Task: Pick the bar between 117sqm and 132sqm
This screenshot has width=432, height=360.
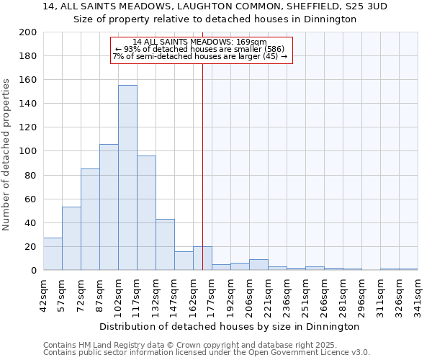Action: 146,213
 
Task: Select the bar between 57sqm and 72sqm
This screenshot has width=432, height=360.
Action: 71,238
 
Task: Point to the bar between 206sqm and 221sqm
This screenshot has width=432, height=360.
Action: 258,265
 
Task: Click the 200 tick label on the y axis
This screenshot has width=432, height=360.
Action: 28,32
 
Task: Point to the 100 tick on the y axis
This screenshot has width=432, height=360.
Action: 28,151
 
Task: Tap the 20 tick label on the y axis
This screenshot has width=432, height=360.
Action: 31,247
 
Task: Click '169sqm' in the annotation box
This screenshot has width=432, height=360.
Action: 253,42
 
